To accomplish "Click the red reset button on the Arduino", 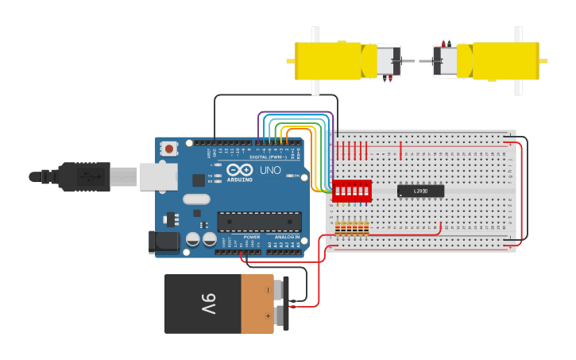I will coord(169,148).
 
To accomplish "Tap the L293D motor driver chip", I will coord(420,191).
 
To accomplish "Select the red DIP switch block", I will coord(352,191).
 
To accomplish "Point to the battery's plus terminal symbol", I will coord(268,316).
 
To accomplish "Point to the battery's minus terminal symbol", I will coord(268,290).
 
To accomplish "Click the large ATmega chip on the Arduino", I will coord(258,223).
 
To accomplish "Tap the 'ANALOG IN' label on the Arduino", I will coord(287,237).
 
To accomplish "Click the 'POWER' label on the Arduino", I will coord(252,237).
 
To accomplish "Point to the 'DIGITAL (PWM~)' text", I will coord(269,157).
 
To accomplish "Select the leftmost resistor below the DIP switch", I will coord(338,228).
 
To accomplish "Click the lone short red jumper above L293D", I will coord(401,149).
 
